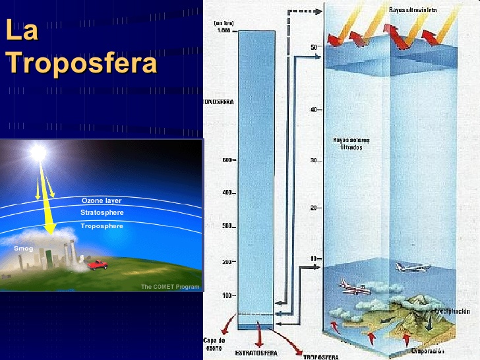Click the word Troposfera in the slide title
click(x=82, y=64)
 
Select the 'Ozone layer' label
click(x=102, y=200)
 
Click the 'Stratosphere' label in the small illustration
click(x=102, y=213)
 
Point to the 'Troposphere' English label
click(x=102, y=226)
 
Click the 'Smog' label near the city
click(x=23, y=249)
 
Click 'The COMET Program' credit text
click(x=169, y=286)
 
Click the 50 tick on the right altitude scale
click(x=315, y=47)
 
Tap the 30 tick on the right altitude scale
click(x=315, y=161)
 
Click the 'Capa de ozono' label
click(x=214, y=344)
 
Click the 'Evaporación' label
click(x=432, y=351)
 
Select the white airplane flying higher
click(x=412, y=268)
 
